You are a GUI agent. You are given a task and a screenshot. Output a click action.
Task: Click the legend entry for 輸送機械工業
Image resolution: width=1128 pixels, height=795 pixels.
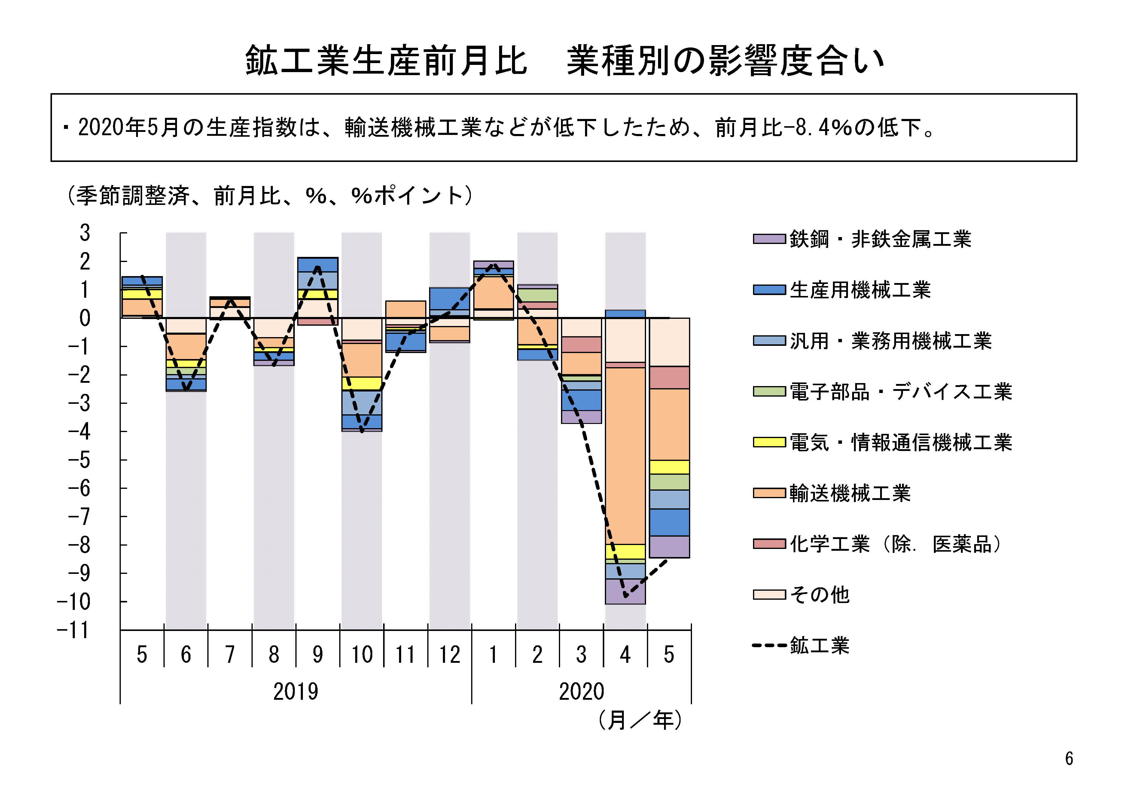pyautogui.click(x=850, y=493)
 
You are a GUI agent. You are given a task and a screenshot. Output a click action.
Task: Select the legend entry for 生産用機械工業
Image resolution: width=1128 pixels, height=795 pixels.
pyautogui.click(x=860, y=290)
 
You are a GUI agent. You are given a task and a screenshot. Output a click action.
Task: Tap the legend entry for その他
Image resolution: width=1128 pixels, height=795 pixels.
pyautogui.click(x=819, y=595)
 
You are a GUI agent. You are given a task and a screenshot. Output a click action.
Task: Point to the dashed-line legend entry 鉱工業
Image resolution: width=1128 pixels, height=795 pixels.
pyautogui.click(x=819, y=645)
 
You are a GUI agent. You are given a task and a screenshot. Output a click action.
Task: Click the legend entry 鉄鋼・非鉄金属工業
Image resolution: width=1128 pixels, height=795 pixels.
pyautogui.click(x=880, y=239)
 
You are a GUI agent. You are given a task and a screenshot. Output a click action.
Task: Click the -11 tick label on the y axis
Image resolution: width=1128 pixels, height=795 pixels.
pyautogui.click(x=74, y=630)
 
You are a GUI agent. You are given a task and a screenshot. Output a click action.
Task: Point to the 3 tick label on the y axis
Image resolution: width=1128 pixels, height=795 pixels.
pyautogui.click(x=85, y=233)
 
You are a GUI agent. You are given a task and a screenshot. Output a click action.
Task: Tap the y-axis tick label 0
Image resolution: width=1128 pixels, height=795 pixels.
pyautogui.click(x=85, y=318)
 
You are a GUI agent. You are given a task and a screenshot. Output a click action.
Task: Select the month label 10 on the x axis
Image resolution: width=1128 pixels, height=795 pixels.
pyautogui.click(x=361, y=654)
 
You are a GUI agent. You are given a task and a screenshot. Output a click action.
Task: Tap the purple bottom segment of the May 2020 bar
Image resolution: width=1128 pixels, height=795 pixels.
pyautogui.click(x=669, y=547)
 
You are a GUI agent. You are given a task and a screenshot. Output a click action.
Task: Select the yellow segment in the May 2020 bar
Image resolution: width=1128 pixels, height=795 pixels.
pyautogui.click(x=669, y=467)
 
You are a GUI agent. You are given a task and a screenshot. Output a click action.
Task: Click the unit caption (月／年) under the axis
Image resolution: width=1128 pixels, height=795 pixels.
pyautogui.click(x=640, y=720)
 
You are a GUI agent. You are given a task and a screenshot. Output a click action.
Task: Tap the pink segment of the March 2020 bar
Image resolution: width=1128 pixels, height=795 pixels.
pyautogui.click(x=581, y=344)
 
